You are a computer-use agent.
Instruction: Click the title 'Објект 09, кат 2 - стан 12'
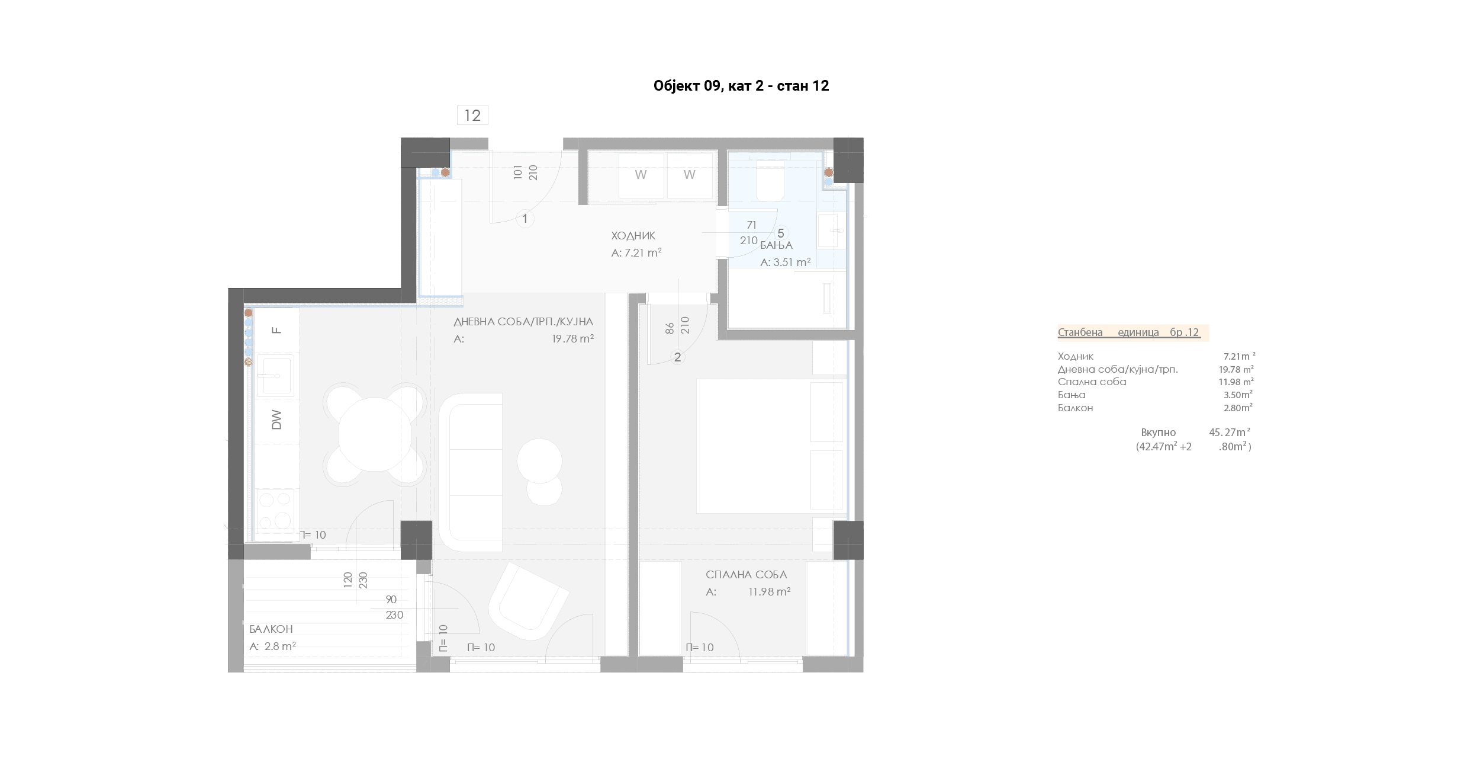click(741, 86)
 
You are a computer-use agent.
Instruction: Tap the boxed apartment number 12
click(472, 115)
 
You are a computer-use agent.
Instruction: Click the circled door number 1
click(525, 219)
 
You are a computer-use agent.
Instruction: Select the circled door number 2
click(678, 357)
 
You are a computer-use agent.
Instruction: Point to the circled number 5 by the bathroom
click(781, 233)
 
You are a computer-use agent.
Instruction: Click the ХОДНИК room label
click(633, 236)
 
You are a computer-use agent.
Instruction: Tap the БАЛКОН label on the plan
click(271, 629)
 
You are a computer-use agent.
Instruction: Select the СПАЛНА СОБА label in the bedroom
click(747, 575)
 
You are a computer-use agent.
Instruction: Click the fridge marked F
click(276, 330)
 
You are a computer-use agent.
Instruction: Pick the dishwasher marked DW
click(276, 420)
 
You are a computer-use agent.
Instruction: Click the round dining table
click(375, 434)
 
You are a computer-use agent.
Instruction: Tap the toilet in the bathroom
click(770, 178)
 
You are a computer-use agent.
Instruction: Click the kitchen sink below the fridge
click(275, 376)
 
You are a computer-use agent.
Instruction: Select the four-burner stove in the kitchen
click(275, 511)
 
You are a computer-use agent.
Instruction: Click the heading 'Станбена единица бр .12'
click(1130, 332)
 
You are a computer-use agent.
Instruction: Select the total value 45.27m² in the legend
click(1230, 433)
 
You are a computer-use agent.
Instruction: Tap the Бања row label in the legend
click(1072, 395)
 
